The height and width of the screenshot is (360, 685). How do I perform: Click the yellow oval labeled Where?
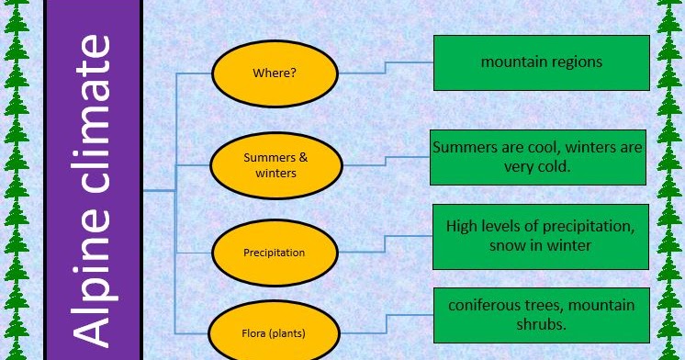(x=275, y=71)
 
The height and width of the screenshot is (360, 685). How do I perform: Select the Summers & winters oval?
(x=275, y=164)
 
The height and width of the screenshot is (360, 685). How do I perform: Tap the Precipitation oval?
(x=275, y=252)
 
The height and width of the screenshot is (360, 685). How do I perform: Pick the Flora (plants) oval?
(x=275, y=332)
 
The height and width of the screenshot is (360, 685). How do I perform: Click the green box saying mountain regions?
(x=541, y=62)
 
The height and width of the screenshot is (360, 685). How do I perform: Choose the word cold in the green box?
(x=553, y=167)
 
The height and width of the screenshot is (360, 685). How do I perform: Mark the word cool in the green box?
(x=539, y=147)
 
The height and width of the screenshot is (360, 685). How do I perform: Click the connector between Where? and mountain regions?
(x=386, y=66)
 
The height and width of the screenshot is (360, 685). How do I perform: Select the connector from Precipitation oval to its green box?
(x=386, y=244)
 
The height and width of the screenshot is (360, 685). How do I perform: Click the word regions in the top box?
(x=573, y=62)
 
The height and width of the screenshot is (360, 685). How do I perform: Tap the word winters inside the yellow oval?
(x=275, y=173)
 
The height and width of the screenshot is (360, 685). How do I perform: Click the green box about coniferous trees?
(x=541, y=313)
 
